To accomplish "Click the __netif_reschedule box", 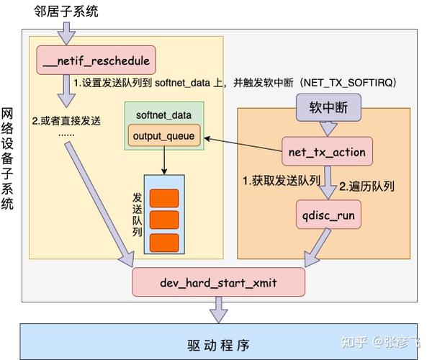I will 96,60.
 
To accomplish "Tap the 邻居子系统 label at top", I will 66,11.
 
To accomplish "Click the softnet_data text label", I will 163,115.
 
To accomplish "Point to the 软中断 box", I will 328,109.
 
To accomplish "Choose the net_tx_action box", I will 327,152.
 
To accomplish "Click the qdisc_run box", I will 328,215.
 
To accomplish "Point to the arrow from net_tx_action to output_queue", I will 241,143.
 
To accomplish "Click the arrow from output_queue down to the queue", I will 164,159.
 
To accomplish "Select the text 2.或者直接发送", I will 66,118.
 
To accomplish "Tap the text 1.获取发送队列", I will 282,180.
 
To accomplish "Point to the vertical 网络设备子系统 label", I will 8,158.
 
